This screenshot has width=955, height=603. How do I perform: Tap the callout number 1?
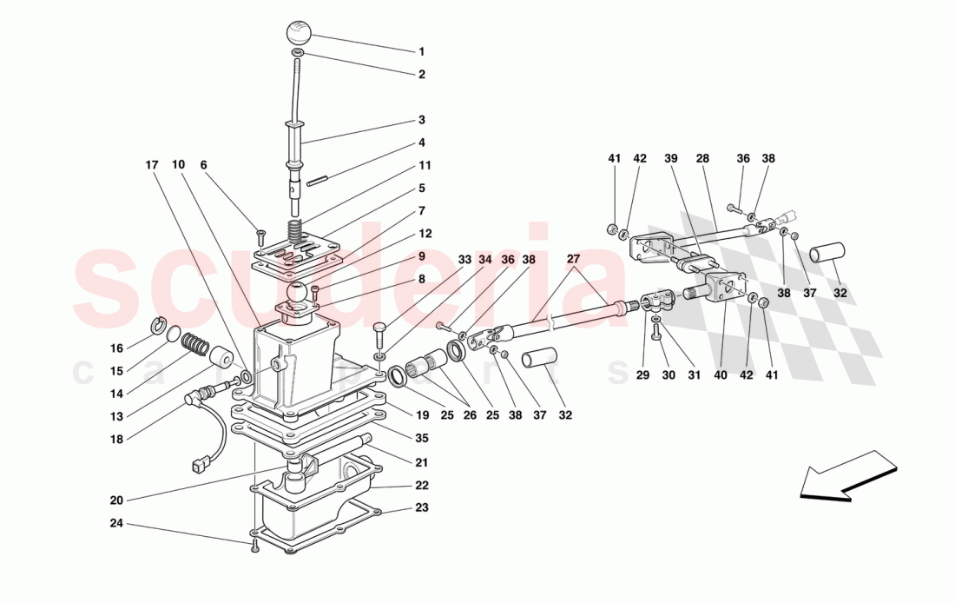[x=421, y=52]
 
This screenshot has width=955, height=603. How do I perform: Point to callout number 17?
[x=152, y=164]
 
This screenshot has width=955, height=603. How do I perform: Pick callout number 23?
[x=421, y=508]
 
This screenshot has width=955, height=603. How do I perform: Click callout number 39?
[x=670, y=159]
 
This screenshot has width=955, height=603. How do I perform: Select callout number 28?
[x=702, y=159]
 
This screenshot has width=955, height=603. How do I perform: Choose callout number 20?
[x=116, y=500]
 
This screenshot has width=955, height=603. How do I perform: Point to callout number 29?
[x=642, y=375]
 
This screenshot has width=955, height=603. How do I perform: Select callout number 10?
[x=178, y=164]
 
